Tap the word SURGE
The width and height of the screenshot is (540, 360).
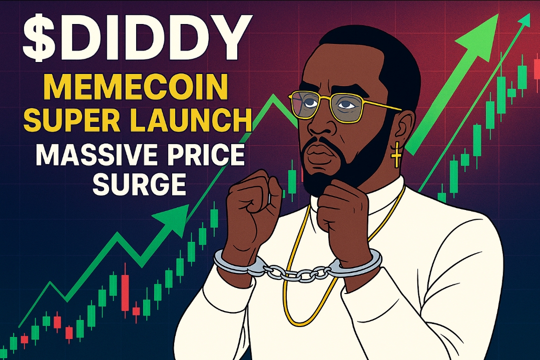(140, 183)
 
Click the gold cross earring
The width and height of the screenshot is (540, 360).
(396, 154)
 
